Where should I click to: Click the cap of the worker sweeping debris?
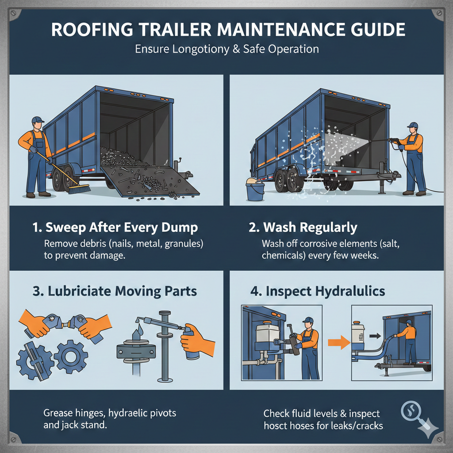38,120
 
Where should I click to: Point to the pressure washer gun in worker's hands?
393,141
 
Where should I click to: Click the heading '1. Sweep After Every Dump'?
115,228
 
